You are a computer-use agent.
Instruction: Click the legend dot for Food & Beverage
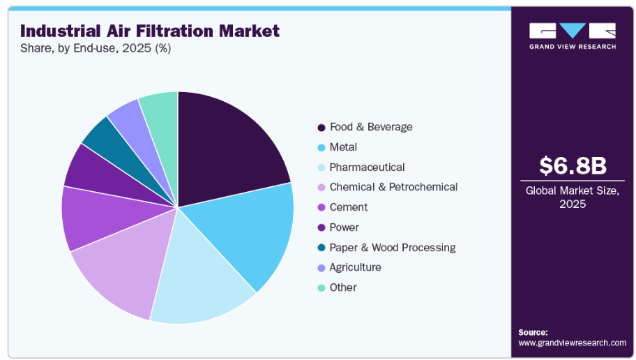pyautogui.click(x=321, y=128)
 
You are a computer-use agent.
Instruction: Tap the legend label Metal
pyautogui.click(x=343, y=147)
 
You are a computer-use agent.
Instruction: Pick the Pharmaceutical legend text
pyautogui.click(x=367, y=167)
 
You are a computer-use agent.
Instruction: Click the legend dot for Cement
pyautogui.click(x=321, y=208)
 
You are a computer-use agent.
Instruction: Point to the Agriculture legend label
pyautogui.click(x=355, y=267)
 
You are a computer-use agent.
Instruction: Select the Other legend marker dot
pyautogui.click(x=321, y=288)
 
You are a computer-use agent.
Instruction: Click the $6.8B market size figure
pyautogui.click(x=573, y=165)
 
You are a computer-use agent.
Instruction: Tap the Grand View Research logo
pyautogui.click(x=573, y=36)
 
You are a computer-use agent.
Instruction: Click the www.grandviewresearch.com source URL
pyautogui.click(x=572, y=343)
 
